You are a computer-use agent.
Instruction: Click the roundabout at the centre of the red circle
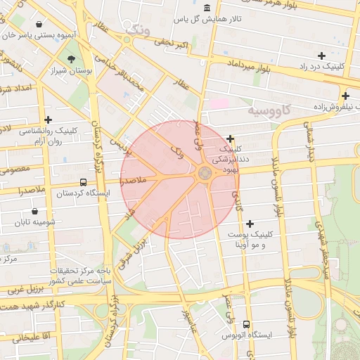tap(205, 173)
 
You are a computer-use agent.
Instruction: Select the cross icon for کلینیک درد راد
tap(321, 55)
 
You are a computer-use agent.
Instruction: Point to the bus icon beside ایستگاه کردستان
tap(84, 182)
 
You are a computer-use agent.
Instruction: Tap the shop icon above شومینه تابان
tap(35, 211)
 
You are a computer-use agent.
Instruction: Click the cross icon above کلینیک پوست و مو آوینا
tap(250, 223)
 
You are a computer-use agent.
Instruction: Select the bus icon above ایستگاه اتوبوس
tap(246, 324)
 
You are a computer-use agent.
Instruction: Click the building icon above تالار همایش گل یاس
tap(206, 8)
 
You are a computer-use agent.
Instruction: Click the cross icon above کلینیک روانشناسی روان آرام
tap(48, 120)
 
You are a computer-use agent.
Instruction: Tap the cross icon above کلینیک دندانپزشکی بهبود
tap(231, 139)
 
